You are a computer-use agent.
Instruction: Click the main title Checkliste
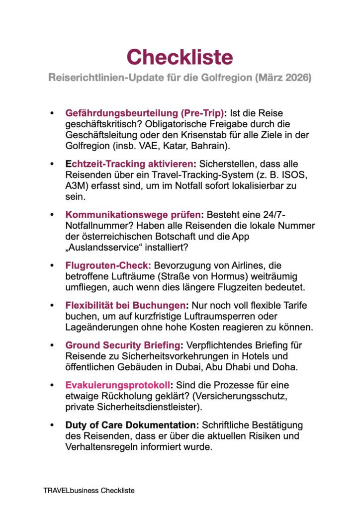coord(180,57)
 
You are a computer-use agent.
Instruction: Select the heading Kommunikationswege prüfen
coord(133,215)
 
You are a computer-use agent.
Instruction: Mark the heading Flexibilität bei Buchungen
coord(126,306)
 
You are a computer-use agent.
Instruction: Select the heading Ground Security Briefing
coord(122,345)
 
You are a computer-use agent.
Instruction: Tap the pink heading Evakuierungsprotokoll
coord(118,386)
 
